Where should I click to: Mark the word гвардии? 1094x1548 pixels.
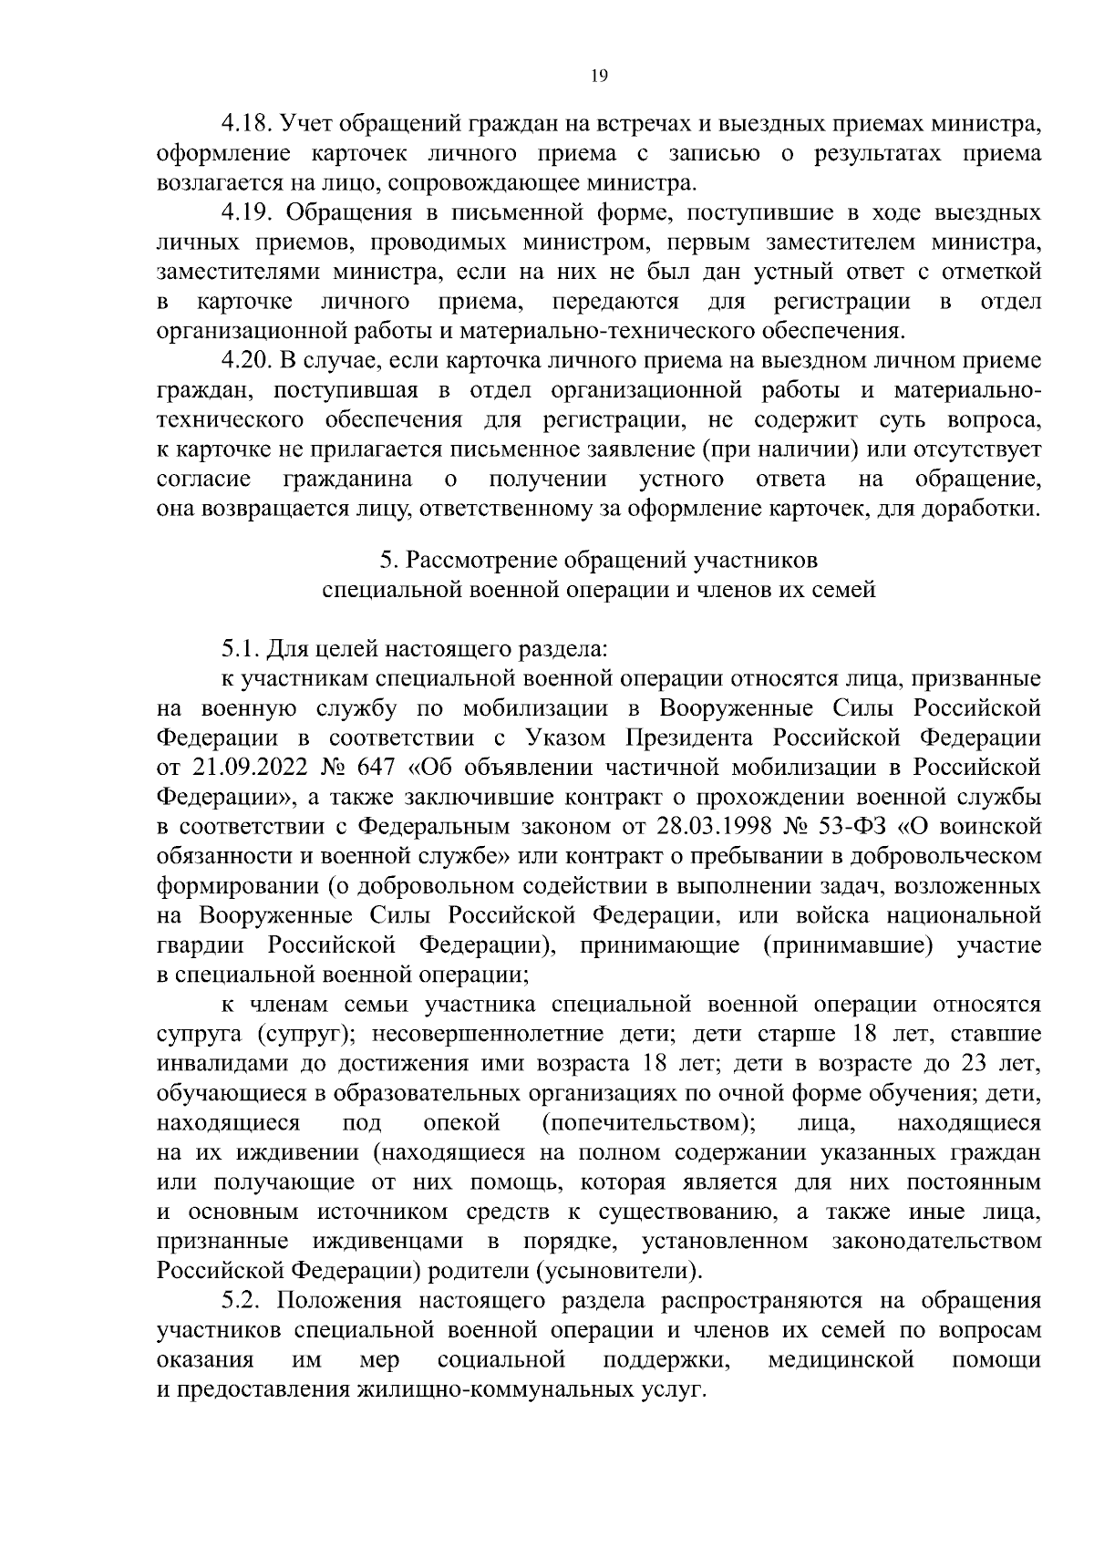(x=197, y=944)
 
